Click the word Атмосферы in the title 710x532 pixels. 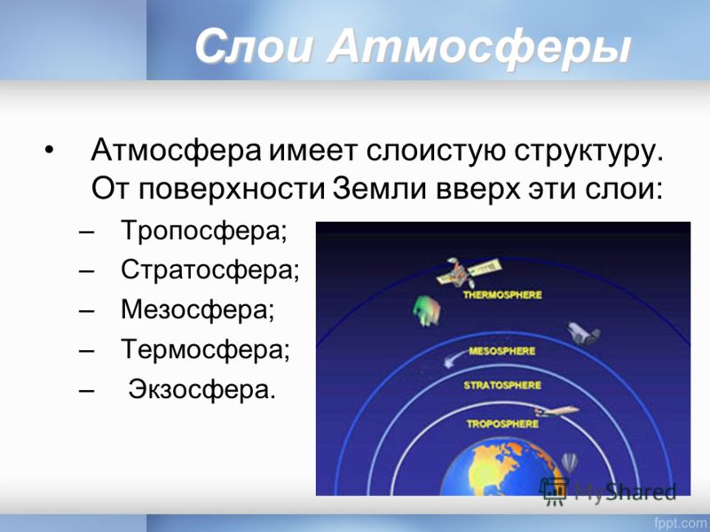click(479, 47)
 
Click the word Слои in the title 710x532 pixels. click(254, 47)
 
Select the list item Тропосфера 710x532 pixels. click(204, 231)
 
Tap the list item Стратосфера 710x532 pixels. click(210, 270)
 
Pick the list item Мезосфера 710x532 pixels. click(198, 309)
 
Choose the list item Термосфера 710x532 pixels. click(205, 349)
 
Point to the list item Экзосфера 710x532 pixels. click(202, 388)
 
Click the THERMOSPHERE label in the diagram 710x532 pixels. click(502, 295)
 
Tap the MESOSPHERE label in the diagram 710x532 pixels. click(501, 351)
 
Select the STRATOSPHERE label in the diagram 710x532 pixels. click(502, 386)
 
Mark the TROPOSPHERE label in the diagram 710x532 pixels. click(502, 425)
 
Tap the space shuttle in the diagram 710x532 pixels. click(584, 333)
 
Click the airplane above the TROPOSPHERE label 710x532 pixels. click(556, 411)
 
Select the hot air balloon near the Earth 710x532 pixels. click(569, 463)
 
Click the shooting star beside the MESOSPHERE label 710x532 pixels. click(455, 359)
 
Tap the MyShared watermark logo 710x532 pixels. click(608, 492)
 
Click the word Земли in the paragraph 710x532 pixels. click(380, 188)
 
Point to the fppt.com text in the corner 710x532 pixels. click(682, 523)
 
